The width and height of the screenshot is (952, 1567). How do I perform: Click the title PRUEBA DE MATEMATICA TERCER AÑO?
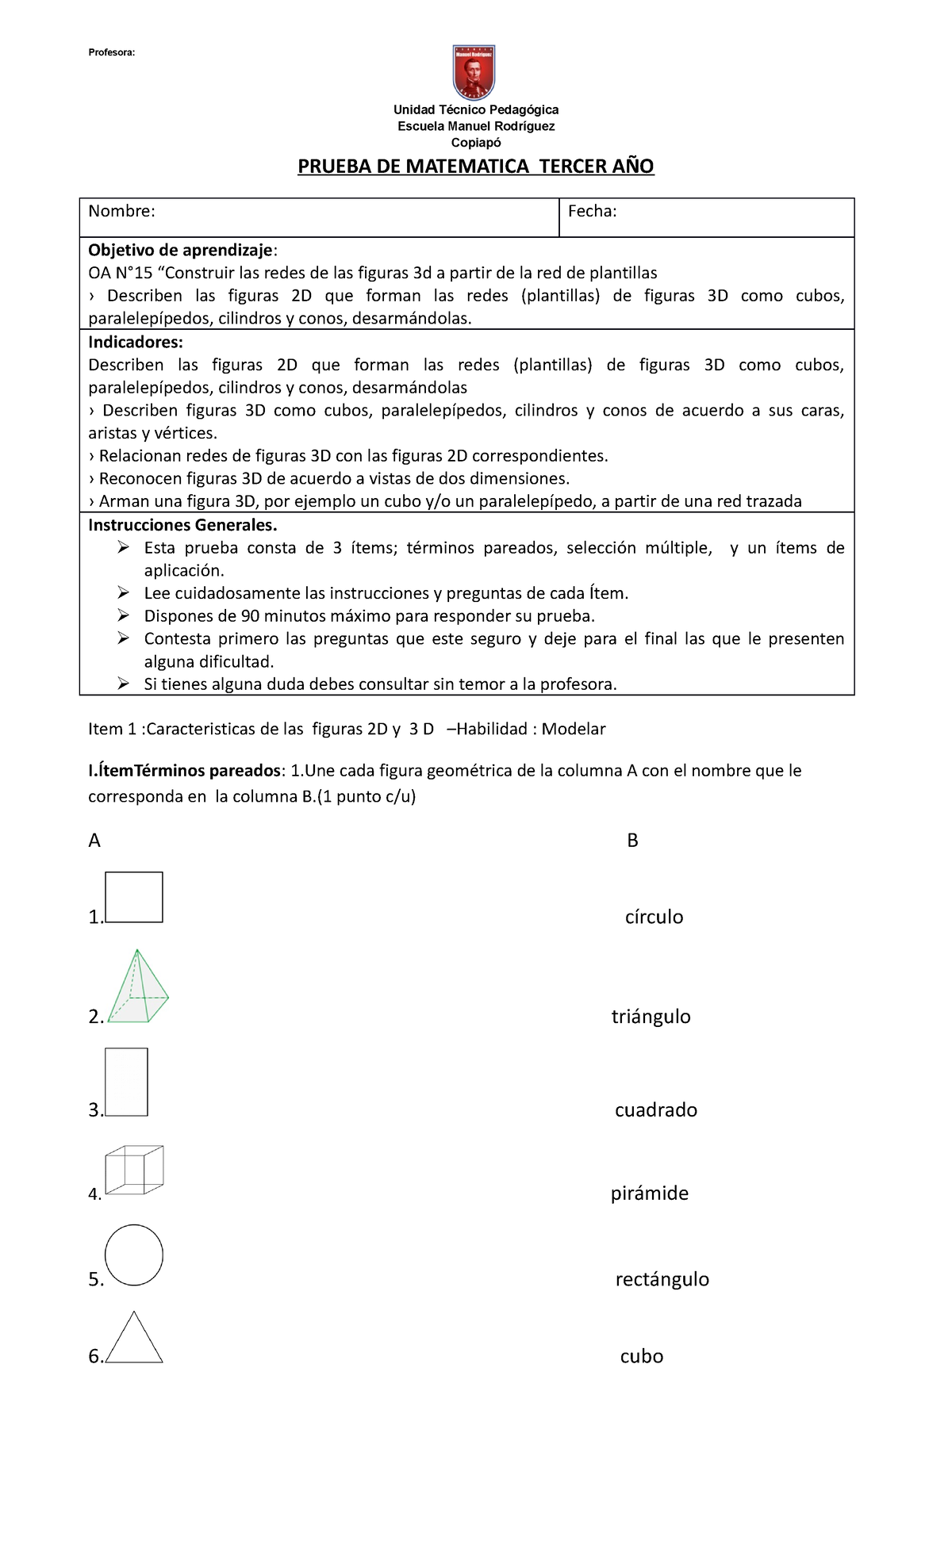point(475,167)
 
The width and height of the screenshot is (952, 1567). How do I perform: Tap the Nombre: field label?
point(121,211)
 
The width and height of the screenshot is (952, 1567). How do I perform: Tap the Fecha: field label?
point(592,211)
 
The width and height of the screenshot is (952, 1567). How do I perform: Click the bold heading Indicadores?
point(135,343)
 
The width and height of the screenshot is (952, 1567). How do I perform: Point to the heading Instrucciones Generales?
point(182,525)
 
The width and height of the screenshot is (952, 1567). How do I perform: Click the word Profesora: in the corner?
point(112,52)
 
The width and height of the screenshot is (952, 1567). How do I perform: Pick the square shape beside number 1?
point(134,897)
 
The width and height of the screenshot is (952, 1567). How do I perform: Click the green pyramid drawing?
point(138,987)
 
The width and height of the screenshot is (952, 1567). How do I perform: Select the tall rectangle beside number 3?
point(127,1082)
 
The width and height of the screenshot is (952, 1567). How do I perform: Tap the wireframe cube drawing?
point(135,1170)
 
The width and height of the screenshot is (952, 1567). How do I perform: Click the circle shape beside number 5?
point(134,1255)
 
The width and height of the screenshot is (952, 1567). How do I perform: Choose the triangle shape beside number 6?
point(134,1341)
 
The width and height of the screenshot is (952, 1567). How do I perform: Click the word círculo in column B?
point(654,918)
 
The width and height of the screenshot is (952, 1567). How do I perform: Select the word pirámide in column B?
point(649,1193)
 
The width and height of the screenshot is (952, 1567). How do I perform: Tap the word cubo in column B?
point(641,1357)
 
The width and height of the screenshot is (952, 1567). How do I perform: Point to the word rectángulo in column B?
point(662,1279)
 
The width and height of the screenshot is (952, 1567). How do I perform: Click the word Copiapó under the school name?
point(476,143)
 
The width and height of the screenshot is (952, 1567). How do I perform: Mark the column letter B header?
point(632,841)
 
